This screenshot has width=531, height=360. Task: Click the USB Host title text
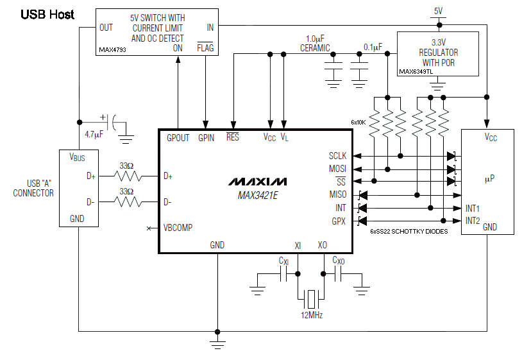coord(47,14)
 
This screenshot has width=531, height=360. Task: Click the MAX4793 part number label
coord(112,49)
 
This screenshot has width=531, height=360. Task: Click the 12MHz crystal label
coord(312,315)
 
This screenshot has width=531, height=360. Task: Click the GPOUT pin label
coord(178,138)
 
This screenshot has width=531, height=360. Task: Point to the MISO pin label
coord(337,194)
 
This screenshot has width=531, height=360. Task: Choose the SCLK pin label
coord(337,156)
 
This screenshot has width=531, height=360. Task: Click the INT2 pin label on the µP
coord(473,221)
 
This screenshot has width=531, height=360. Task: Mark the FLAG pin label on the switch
coord(206,48)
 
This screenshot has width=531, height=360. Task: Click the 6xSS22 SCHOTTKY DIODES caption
coord(409,231)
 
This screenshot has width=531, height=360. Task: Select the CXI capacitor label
coord(283,261)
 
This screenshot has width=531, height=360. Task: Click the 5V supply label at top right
coord(439,11)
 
